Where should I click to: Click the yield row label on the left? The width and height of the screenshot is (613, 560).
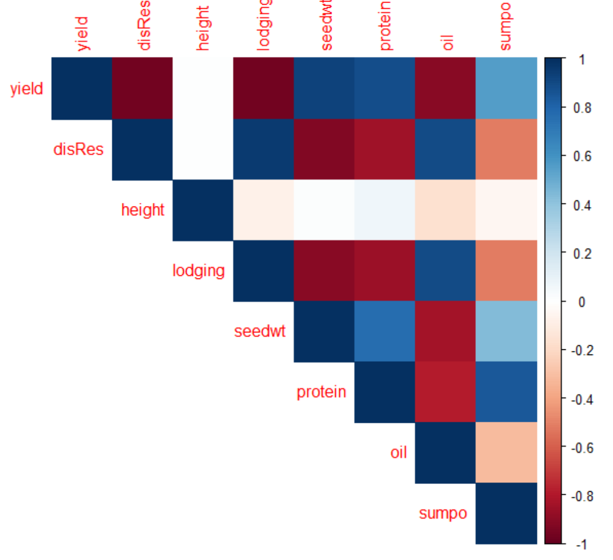click(x=26, y=89)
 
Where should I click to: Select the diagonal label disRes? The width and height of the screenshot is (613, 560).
click(x=78, y=150)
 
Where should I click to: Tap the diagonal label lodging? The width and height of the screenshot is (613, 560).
click(x=199, y=271)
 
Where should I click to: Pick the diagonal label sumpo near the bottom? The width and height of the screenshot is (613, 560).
click(x=443, y=513)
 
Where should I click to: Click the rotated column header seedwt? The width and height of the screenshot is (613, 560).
click(x=326, y=26)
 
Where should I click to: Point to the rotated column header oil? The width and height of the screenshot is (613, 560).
click(x=447, y=42)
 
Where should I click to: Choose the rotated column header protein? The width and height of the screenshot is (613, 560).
click(x=385, y=26)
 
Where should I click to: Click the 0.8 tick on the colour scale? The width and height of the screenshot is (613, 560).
click(x=582, y=108)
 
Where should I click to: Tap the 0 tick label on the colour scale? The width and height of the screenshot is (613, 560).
click(x=581, y=302)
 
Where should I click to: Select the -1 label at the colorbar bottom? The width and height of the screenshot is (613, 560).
click(x=581, y=544)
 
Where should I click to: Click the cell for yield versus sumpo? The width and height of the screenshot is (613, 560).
click(x=506, y=89)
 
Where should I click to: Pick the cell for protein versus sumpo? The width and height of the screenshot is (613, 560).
click(x=506, y=392)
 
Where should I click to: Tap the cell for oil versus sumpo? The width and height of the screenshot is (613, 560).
click(x=506, y=452)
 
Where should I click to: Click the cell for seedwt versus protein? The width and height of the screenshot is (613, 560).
click(x=385, y=331)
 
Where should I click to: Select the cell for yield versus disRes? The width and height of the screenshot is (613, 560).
click(x=142, y=89)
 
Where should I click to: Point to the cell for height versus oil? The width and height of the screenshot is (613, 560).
click(x=445, y=210)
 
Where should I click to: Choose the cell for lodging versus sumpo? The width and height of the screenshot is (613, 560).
click(x=506, y=271)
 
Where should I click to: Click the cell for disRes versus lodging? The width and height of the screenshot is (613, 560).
click(x=263, y=150)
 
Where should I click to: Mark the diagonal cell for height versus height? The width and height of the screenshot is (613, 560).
click(x=203, y=210)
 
